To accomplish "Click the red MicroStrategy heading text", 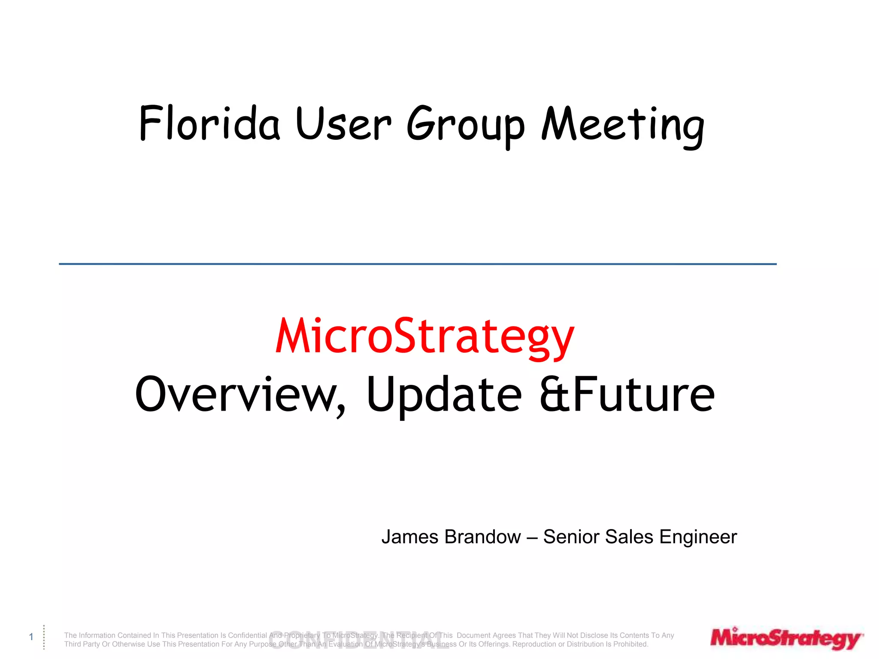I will pyautogui.click(x=424, y=337).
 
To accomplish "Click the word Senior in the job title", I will pyautogui.click(x=571, y=537).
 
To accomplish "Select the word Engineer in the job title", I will pyautogui.click(x=698, y=537).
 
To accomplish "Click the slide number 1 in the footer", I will pyautogui.click(x=31, y=637).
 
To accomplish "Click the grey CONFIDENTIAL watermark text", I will pyautogui.click(x=358, y=640).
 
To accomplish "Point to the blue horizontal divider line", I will pyautogui.click(x=418, y=264).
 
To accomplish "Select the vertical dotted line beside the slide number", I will pyautogui.click(x=44, y=637).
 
